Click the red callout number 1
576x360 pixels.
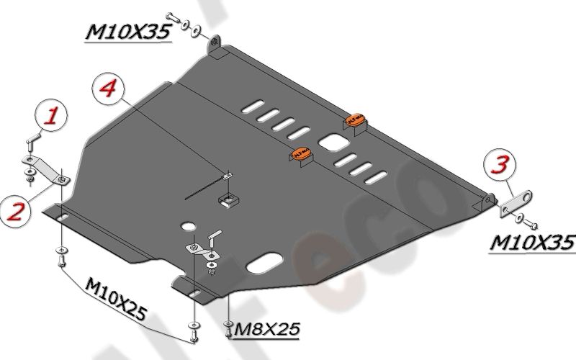(x=52, y=115)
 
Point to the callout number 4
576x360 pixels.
(x=108, y=89)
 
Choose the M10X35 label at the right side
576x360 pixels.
(x=533, y=242)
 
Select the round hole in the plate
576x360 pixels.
(x=188, y=226)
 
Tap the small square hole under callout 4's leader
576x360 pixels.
(x=230, y=199)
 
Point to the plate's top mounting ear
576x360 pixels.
(x=216, y=48)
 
